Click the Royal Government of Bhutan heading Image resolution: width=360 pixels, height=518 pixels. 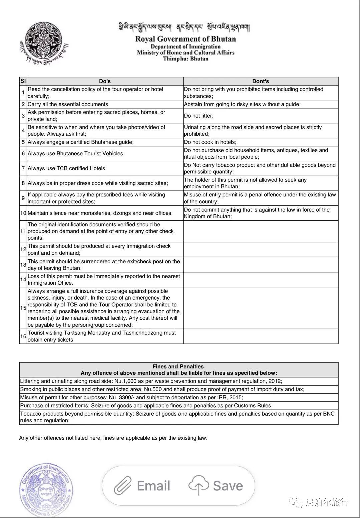pyautogui.click(x=186, y=39)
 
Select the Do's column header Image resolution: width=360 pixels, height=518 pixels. pyautogui.click(x=105, y=81)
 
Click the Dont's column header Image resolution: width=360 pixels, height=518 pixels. pyautogui.click(x=260, y=81)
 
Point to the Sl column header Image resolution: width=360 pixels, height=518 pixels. pyautogui.click(x=23, y=81)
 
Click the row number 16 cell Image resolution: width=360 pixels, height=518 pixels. pyautogui.click(x=23, y=336)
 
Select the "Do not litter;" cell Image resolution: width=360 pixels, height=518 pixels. pyautogui.click(x=199, y=116)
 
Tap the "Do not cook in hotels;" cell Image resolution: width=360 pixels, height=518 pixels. pyautogui.click(x=210, y=142)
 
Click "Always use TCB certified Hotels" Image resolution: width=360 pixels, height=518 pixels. pyautogui.click(x=66, y=168)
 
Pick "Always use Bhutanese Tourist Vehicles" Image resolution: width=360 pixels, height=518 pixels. pyautogui.click(x=75, y=154)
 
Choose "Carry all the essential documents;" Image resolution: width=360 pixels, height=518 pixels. pyautogui.click(x=69, y=104)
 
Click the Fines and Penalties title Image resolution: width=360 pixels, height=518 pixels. pyautogui.click(x=178, y=366)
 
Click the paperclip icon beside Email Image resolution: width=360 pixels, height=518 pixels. pyautogui.click(x=122, y=486)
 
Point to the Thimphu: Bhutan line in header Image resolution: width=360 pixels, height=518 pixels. pyautogui.click(x=186, y=59)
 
